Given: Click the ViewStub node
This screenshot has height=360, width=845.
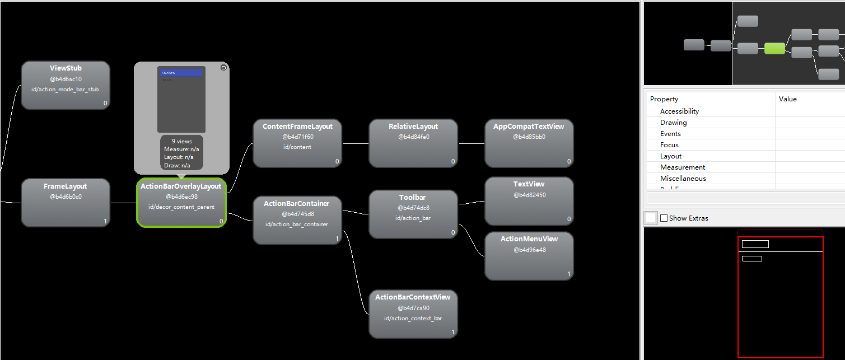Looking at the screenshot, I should pyautogui.click(x=66, y=85).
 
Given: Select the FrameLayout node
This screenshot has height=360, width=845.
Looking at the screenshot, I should pyautogui.click(x=66, y=202).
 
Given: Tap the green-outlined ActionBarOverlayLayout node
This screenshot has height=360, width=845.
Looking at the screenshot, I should pyautogui.click(x=181, y=202).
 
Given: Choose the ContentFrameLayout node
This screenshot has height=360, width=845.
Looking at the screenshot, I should pyautogui.click(x=297, y=143).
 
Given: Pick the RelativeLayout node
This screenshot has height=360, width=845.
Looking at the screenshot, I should pyautogui.click(x=413, y=143).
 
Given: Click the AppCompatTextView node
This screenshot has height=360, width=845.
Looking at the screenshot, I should pyautogui.click(x=529, y=143).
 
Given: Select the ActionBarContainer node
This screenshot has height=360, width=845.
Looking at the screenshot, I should pyautogui.click(x=297, y=220).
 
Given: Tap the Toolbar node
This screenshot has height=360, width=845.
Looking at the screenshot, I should pyautogui.click(x=413, y=214).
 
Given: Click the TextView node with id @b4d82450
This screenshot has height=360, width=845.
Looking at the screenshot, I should pyautogui.click(x=529, y=201).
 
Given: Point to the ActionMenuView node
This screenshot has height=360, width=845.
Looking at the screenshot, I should pyautogui.click(x=529, y=256).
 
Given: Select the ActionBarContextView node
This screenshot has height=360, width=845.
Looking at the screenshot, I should pyautogui.click(x=413, y=314).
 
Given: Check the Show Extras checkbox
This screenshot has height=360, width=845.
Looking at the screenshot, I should pyautogui.click(x=664, y=218).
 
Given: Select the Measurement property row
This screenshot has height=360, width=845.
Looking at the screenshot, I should pyautogui.click(x=682, y=167).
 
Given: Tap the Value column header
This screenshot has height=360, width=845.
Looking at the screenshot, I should pyautogui.click(x=787, y=99).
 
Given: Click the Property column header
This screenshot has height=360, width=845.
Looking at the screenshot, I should pyautogui.click(x=664, y=99).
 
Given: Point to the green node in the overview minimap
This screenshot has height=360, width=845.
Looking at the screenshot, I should pyautogui.click(x=774, y=49).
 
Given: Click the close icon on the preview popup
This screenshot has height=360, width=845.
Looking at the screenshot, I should pyautogui.click(x=223, y=67).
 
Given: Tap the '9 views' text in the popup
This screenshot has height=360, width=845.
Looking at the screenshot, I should pyautogui.click(x=181, y=142).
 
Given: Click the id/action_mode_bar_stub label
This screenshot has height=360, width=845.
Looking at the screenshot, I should pyautogui.click(x=66, y=90).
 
